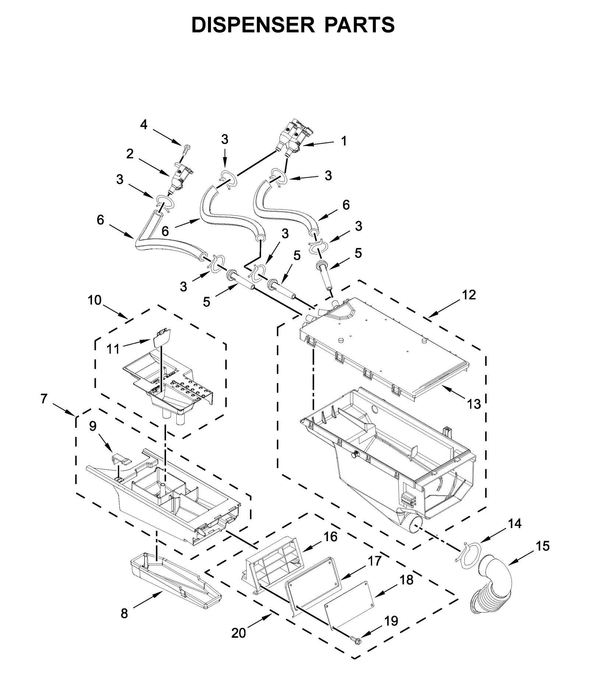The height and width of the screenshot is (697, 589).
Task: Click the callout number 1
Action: pos(343,141)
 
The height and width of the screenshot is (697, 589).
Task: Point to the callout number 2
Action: pos(130,154)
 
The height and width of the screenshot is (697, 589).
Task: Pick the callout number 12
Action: pos(469,294)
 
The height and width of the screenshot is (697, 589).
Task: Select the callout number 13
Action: pos(474,404)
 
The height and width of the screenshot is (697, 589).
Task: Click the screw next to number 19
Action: pos(356,641)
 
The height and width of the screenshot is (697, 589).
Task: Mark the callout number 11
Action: pos(113,348)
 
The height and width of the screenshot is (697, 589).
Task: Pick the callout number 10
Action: pos(95,300)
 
